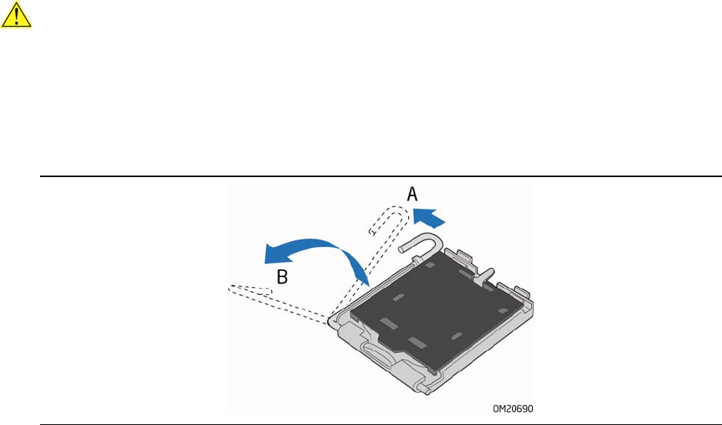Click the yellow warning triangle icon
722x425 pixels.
pos(15,15)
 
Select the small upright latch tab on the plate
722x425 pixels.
pos(485,274)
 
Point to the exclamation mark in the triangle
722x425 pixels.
pos(15,17)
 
